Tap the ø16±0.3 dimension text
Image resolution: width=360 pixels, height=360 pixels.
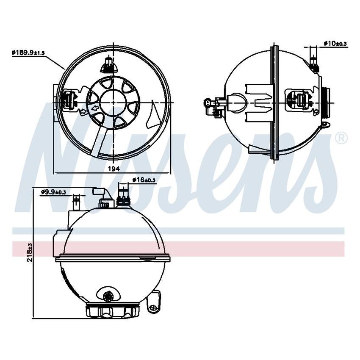pyautogui.click(x=144, y=180)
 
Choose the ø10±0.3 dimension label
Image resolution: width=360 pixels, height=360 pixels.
pyautogui.click(x=335, y=43)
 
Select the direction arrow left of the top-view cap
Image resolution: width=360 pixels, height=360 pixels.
pyautogui.click(x=95, y=109)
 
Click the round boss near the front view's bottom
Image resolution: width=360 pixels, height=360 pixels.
pyautogui.click(x=108, y=295)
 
